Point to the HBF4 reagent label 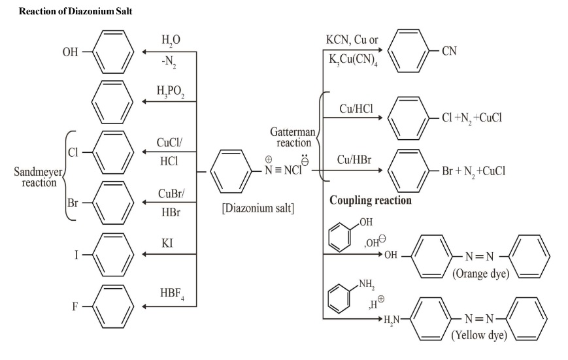[x=171, y=295]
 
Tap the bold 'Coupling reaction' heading [x=370, y=201]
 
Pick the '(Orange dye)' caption [x=480, y=274]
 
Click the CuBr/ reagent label [x=171, y=194]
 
